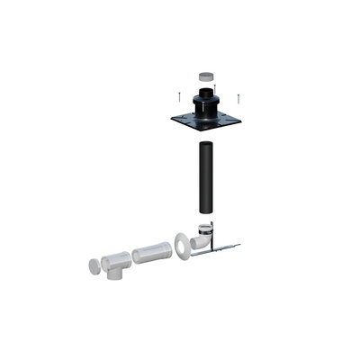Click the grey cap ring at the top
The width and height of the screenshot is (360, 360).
[205, 79]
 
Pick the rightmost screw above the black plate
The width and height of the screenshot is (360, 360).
[238, 98]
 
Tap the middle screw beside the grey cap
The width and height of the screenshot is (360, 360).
[214, 87]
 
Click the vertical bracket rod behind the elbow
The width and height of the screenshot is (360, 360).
[213, 232]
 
